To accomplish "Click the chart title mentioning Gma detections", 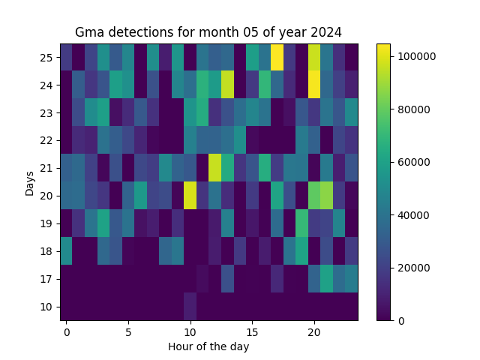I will [x=208, y=32].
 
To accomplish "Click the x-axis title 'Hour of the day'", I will [x=208, y=346].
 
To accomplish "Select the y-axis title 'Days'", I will [x=30, y=182].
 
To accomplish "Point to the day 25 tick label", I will [x=47, y=58].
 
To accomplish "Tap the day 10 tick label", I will [x=47, y=307].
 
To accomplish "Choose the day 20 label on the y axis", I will [x=47, y=196].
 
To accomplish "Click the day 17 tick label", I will [x=47, y=279].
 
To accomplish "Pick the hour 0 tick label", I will [x=67, y=331].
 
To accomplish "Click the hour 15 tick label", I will [x=252, y=331].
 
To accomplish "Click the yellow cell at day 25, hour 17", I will [x=277, y=57].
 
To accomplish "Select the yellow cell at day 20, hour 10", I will [x=190, y=196].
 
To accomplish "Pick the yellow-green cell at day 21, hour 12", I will [x=215, y=168].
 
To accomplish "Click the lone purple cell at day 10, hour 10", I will [x=190, y=307].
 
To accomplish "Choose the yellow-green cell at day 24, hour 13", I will [x=227, y=85].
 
